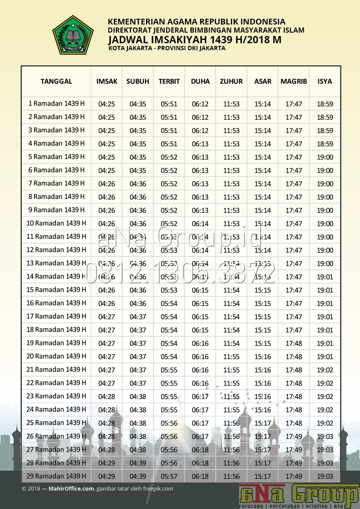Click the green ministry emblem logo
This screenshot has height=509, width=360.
tap(73, 35)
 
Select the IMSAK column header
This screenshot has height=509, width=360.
tap(107, 81)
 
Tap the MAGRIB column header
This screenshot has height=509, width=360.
tap(294, 81)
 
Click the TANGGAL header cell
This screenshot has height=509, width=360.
tap(56, 81)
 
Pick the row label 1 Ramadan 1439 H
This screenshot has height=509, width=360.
tap(56, 104)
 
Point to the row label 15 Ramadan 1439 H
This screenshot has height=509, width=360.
tap(56, 290)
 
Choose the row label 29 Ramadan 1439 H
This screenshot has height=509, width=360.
tap(56, 476)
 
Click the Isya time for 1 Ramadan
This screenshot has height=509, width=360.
tap(325, 104)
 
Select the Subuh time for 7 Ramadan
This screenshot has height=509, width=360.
tap(138, 184)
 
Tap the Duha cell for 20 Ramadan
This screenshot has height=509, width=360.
tap(200, 357)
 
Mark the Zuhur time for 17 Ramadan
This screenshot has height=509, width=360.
tap(231, 317)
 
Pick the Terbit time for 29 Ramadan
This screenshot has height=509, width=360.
tap(169, 476)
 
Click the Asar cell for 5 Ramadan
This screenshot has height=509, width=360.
tap(262, 157)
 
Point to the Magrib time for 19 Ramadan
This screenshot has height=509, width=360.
tap(294, 343)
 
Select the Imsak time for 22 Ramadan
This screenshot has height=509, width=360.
tap(107, 383)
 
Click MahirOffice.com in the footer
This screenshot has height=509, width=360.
tap(71, 489)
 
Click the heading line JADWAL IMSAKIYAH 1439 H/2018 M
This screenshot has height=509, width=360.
tap(195, 40)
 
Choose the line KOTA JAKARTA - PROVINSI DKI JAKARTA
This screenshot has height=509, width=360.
tap(167, 48)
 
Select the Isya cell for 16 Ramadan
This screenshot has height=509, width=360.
tap(325, 303)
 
